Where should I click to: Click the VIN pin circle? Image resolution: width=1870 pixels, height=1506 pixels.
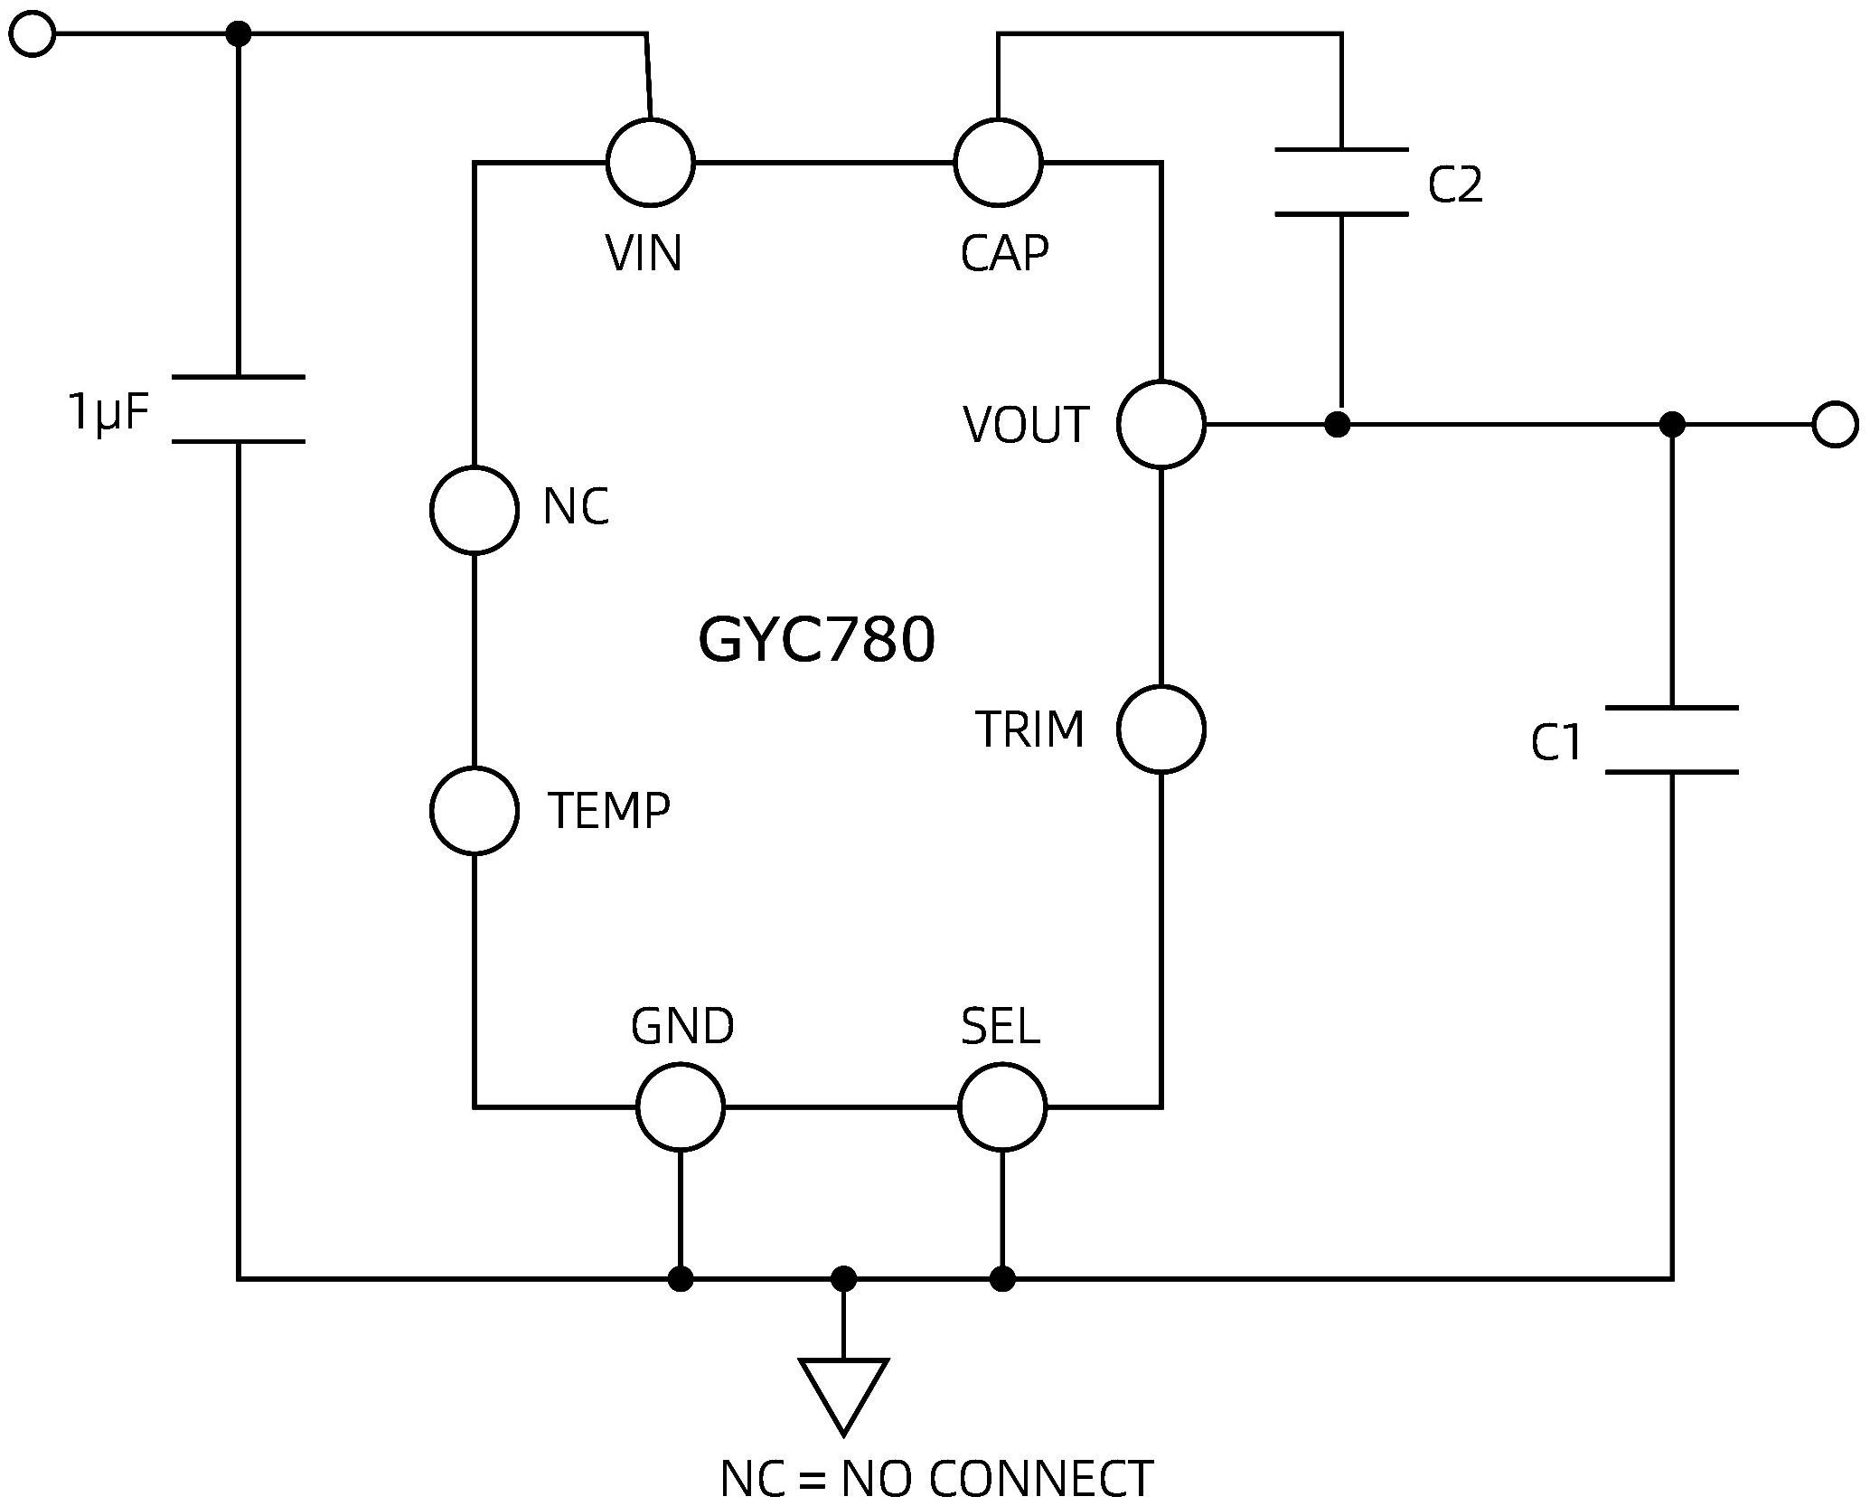click(650, 163)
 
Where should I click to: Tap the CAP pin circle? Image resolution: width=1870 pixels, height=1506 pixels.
click(998, 163)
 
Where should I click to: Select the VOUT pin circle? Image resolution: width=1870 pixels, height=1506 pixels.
click(1161, 424)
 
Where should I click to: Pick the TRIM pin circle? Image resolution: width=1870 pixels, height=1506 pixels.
click(1161, 729)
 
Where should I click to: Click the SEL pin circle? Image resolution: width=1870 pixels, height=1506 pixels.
click(1001, 1106)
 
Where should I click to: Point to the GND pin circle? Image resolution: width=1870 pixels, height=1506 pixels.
click(680, 1106)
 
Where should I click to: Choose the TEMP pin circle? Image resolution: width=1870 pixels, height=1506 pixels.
click(474, 810)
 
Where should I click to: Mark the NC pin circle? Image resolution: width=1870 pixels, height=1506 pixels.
click(474, 510)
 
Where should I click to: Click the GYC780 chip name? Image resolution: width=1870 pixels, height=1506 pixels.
click(816, 640)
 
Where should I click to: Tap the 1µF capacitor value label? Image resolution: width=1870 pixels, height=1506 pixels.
click(108, 412)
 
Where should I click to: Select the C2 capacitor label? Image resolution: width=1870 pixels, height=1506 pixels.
click(1454, 184)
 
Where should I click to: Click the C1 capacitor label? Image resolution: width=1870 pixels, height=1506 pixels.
click(1556, 743)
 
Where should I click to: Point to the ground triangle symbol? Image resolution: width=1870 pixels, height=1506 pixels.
click(842, 1390)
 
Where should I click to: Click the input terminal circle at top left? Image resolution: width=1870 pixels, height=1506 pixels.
click(33, 34)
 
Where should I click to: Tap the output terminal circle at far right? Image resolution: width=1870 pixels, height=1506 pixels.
click(1835, 424)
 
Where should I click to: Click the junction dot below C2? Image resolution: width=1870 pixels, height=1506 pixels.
click(1337, 424)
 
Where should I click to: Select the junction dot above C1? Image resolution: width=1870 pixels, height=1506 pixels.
click(1672, 424)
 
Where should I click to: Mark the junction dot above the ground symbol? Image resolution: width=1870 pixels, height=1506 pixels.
click(842, 1278)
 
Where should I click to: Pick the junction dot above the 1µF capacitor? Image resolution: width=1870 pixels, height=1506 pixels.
click(238, 34)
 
